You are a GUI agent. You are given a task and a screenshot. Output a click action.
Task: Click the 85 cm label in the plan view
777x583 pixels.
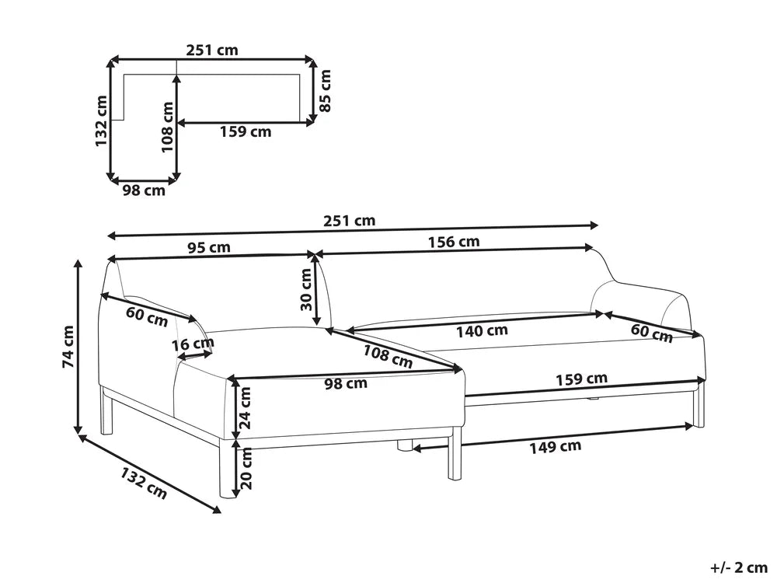pos(325,91)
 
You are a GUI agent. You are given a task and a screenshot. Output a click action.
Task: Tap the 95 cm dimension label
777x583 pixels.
pos(209,247)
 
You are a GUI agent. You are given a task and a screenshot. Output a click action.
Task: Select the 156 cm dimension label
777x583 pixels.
pos(454,242)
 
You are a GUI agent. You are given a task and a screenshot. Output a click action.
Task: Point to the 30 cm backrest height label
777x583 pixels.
pos(306,289)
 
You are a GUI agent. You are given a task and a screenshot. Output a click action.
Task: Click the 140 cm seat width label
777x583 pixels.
pos(483,330)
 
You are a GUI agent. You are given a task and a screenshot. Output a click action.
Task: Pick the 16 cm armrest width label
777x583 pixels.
pos(193,344)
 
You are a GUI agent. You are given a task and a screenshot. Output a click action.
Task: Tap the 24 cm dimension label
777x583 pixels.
pos(246,408)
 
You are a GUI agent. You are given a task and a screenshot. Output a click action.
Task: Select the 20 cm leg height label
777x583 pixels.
pos(246,468)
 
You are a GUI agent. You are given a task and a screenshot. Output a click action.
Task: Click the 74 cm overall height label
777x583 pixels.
pos(68,347)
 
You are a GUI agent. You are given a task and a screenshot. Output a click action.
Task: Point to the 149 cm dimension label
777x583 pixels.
pos(555,447)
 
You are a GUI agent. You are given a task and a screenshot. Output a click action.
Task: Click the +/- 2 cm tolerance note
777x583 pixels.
pos(739,567)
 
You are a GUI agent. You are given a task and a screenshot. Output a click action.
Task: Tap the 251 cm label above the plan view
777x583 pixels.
pos(212,50)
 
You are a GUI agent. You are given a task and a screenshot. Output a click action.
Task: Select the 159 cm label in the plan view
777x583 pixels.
pos(246,132)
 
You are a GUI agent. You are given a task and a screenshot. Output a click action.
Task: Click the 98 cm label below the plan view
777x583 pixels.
pos(145,190)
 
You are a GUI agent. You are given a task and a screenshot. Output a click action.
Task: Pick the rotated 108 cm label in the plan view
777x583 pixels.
pos(168,127)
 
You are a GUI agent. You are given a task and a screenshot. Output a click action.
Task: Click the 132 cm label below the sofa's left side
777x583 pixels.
pos(143,484)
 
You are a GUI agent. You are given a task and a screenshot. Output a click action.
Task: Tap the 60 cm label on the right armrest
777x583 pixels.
pos(652,333)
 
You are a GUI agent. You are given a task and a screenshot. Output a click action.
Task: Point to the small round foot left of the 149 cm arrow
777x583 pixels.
pos(404,445)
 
